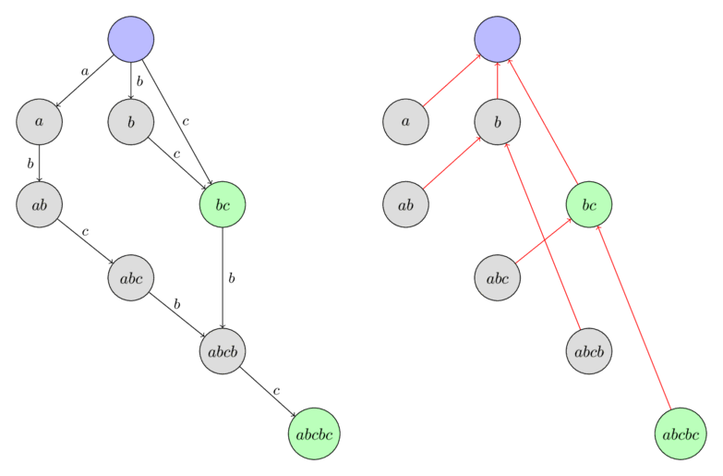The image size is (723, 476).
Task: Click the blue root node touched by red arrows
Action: pos(498,39)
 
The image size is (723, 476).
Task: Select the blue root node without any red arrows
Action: pos(130,39)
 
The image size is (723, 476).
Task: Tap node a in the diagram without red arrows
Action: pos(39,121)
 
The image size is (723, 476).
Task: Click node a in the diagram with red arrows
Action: pos(405,121)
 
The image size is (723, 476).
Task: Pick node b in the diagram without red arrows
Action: pos(130,121)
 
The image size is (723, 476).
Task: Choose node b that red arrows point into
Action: pos(498,121)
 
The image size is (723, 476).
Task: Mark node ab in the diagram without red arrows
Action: pos(39,204)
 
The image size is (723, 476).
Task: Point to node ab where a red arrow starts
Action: pos(405,204)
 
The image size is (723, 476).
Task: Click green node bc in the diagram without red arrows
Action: pos(223,204)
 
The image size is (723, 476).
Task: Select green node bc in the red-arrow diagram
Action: pos(589,204)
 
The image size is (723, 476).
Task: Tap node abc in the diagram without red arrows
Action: pos(130,277)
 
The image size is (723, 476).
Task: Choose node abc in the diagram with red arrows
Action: pos(498,277)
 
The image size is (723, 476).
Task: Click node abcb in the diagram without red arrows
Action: pos(223,351)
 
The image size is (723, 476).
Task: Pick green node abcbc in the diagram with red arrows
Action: pos(681,433)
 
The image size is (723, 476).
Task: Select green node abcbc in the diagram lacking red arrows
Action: pos(314,433)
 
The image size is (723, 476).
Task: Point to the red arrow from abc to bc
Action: pos(543,241)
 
